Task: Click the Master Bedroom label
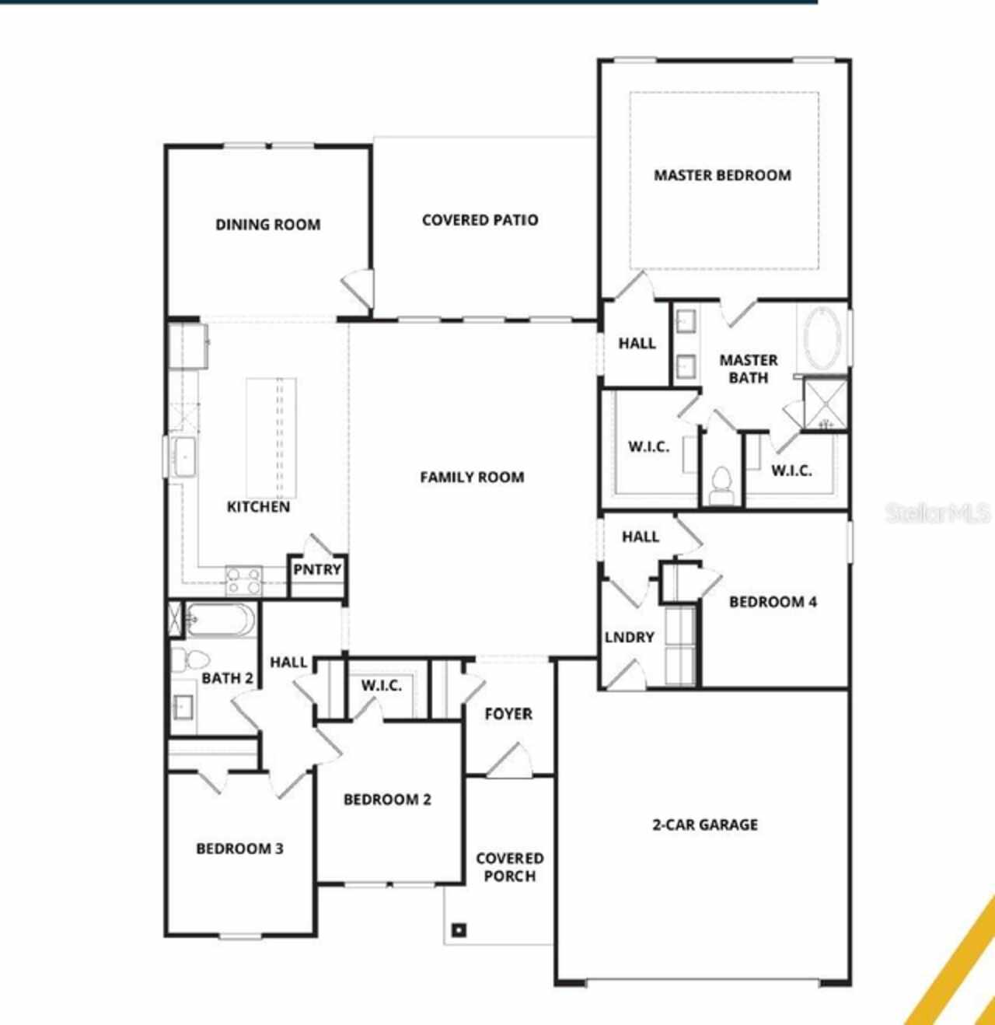point(722,176)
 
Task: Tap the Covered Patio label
point(480,220)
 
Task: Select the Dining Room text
point(267,225)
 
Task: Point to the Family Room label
point(472,478)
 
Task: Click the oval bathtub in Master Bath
point(822,339)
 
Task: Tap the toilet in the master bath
point(722,486)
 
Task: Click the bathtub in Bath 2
point(219,621)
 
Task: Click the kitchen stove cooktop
point(243,579)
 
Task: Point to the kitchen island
point(271,437)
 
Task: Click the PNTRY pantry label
point(317,570)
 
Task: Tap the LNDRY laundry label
point(630,638)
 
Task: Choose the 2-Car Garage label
point(704,825)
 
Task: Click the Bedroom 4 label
point(773,602)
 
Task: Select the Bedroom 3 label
point(239,848)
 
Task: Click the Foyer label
point(508,714)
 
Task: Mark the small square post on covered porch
point(459,929)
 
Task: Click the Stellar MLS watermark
point(938,513)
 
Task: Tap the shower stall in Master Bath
point(825,403)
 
